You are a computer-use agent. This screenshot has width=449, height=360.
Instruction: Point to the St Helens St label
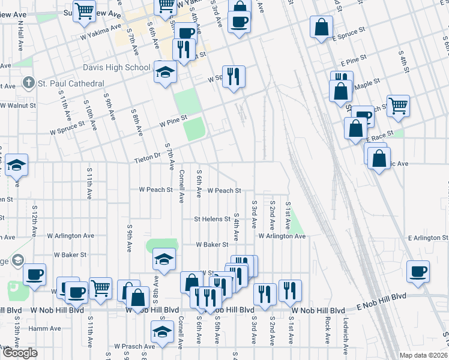point(212,219)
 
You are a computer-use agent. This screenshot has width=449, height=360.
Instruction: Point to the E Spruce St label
point(349,38)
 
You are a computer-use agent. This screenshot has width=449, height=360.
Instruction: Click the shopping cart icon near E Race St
point(398,106)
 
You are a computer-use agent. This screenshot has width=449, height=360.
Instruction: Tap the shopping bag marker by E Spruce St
point(322,26)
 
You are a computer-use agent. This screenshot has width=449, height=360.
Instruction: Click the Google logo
point(20,352)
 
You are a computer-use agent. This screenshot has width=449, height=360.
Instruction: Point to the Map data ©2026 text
point(423,355)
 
